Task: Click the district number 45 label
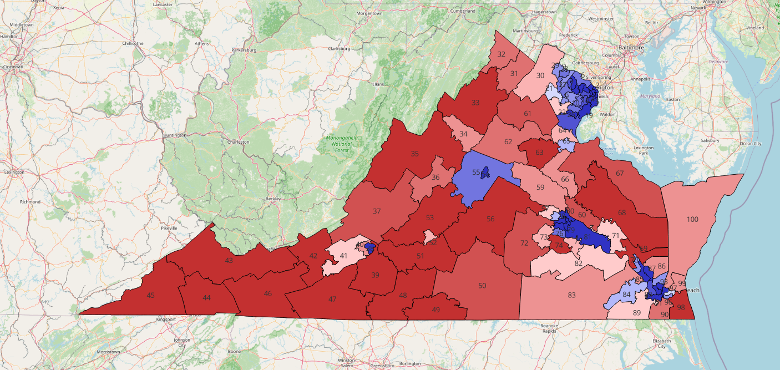150,296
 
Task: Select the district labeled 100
692,220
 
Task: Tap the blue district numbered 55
475,173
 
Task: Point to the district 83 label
571,296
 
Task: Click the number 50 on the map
482,286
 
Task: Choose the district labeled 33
475,103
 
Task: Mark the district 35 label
414,154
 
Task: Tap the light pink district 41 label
343,256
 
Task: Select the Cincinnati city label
13,67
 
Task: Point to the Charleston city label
237,142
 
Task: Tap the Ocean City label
750,144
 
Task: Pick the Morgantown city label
370,13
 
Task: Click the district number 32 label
501,54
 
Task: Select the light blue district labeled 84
626,294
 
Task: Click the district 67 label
620,174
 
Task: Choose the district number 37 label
377,211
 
